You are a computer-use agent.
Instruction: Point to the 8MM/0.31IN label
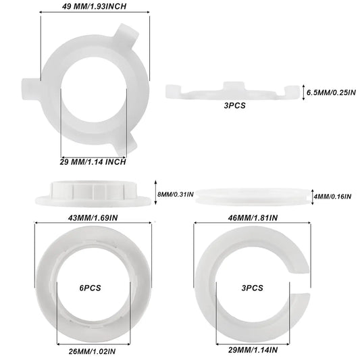point(176,194)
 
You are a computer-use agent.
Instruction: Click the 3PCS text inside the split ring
point(251,287)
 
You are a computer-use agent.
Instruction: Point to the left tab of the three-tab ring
point(30,86)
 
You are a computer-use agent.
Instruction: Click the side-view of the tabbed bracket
point(232,92)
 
